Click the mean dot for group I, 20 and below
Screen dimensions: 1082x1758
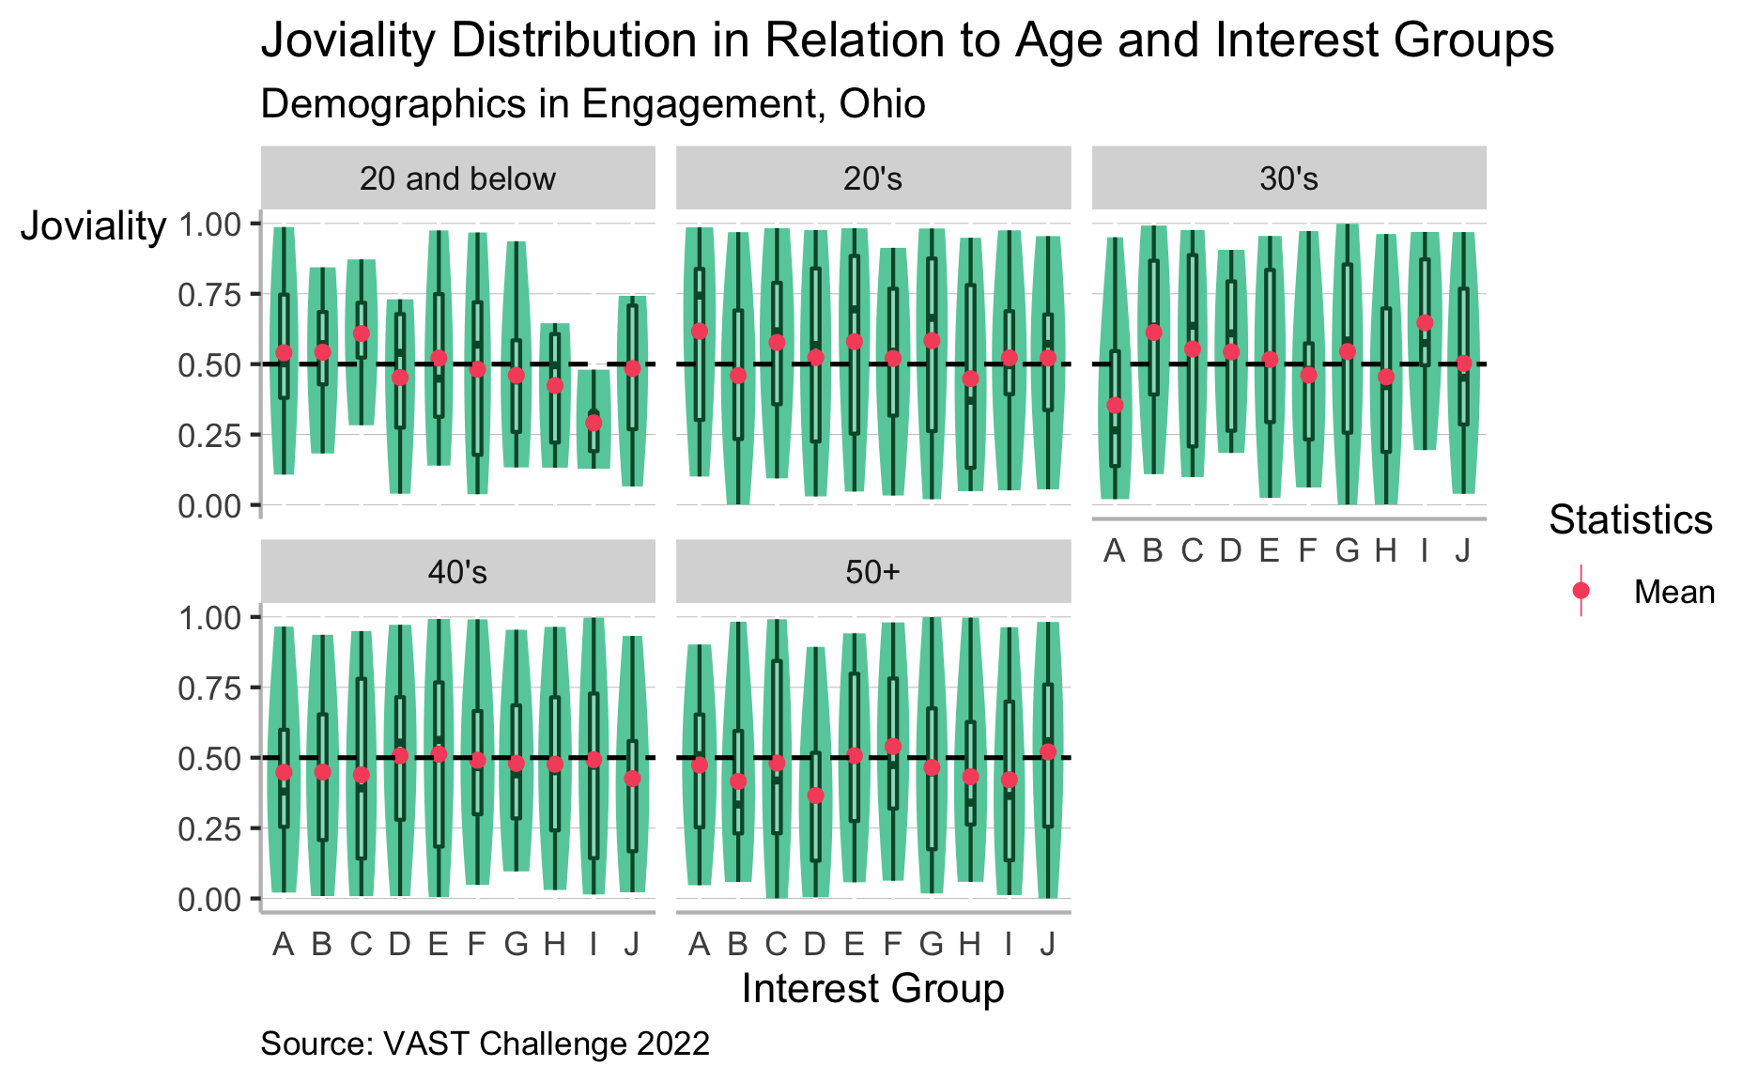tap(594, 423)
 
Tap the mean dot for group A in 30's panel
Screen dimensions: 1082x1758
tap(1115, 406)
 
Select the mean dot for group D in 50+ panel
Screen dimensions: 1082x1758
tap(815, 796)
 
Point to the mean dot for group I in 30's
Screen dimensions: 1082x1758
tap(1425, 323)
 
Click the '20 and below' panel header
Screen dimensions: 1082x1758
tap(457, 178)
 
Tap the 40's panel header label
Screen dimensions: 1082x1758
tap(457, 572)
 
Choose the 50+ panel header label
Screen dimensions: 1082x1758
tap(872, 572)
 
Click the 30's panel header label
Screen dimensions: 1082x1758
tap(1288, 178)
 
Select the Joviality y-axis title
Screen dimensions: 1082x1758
tap(93, 226)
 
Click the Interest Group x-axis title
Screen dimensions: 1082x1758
tap(872, 989)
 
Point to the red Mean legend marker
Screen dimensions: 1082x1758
tap(1581, 590)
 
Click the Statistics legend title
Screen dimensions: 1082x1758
tap(1630, 519)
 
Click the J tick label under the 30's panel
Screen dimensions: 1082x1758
tap(1462, 551)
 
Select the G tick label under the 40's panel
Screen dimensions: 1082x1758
tap(516, 944)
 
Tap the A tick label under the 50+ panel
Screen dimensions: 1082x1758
tap(699, 944)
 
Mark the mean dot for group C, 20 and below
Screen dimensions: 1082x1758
tap(362, 333)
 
